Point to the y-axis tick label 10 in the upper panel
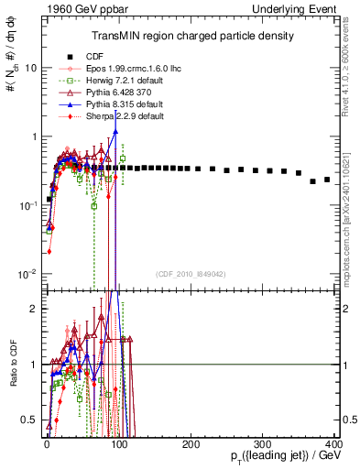pos(31,69)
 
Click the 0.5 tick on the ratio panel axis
pos(30,420)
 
